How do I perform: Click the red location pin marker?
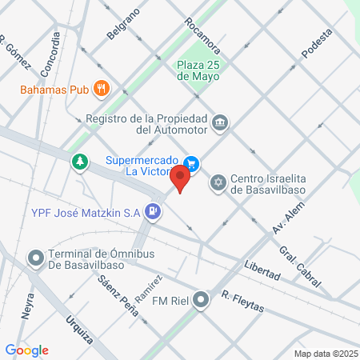tap(181, 177)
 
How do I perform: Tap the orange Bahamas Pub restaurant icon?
tap(101, 88)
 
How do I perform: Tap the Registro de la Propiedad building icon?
tap(220, 123)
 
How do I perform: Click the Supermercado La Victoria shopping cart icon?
tap(191, 161)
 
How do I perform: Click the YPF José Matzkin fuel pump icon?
tap(154, 212)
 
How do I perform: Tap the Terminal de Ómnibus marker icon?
tap(35, 258)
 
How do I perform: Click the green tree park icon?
tap(80, 162)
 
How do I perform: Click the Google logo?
tap(27, 350)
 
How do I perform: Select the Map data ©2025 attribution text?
tap(324, 353)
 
